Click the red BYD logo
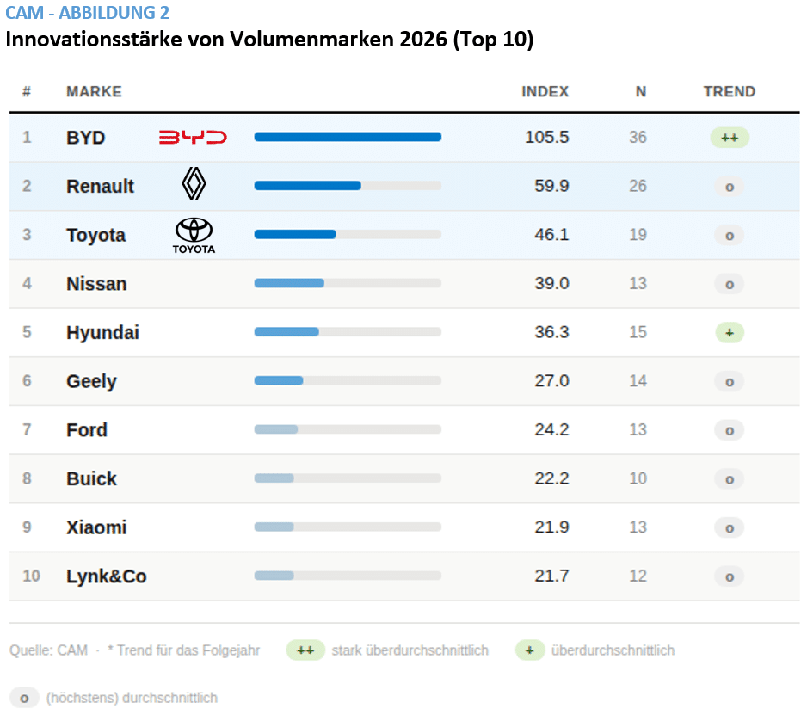click(x=193, y=137)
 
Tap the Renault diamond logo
click(x=194, y=184)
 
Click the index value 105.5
click(x=546, y=137)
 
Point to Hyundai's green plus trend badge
click(x=729, y=332)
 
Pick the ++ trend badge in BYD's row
click(x=729, y=138)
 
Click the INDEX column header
click(x=545, y=91)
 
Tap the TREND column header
click(x=729, y=91)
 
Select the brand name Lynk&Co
click(x=106, y=576)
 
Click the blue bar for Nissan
click(x=289, y=283)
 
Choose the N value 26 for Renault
click(x=637, y=186)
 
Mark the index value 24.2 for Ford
click(x=551, y=429)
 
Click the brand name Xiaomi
click(x=96, y=527)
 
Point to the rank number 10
click(x=31, y=576)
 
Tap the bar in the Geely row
click(x=279, y=380)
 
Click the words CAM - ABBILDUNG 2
click(x=87, y=13)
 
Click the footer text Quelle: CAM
click(x=48, y=650)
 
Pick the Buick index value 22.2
click(x=551, y=478)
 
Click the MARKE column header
click(x=94, y=91)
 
